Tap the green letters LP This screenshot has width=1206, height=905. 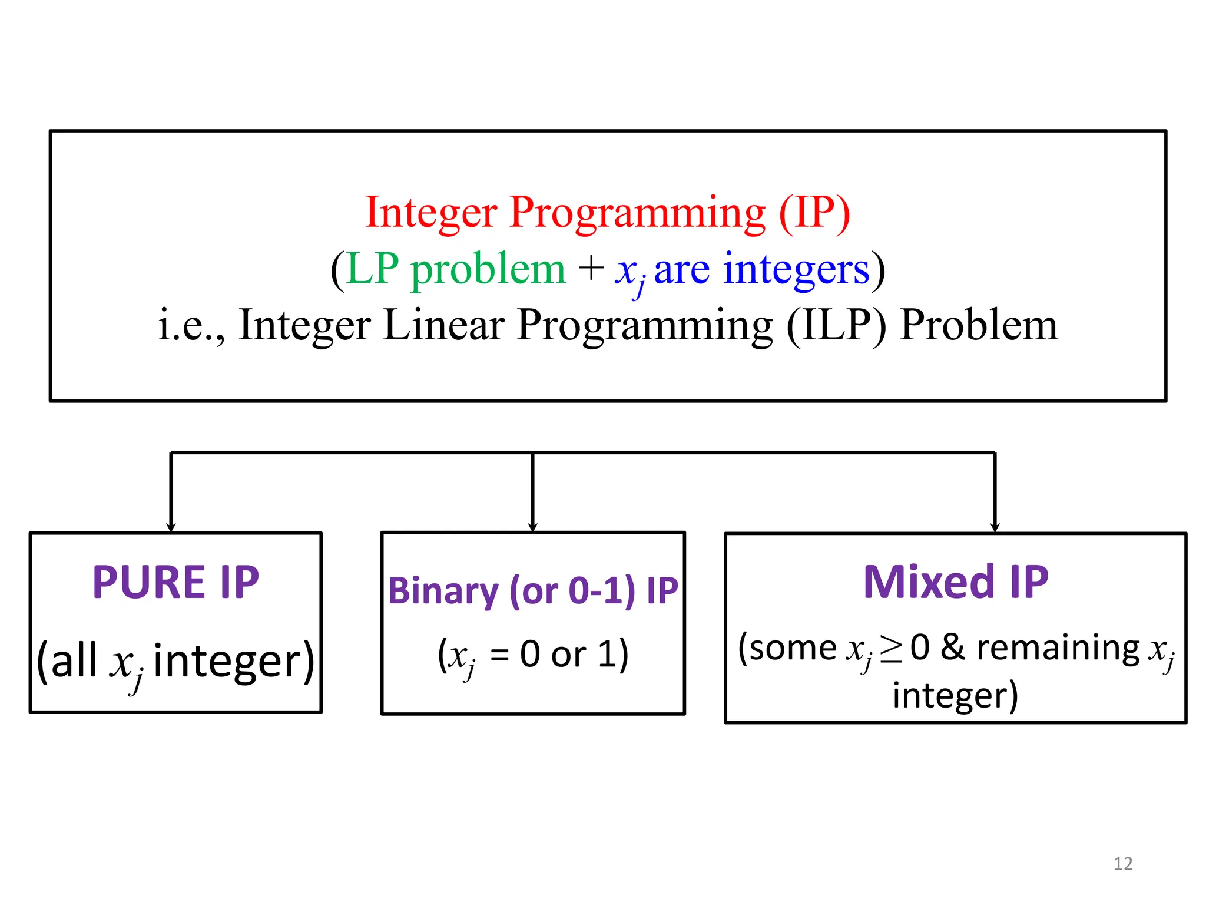[372, 269]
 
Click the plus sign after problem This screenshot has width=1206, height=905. [591, 269]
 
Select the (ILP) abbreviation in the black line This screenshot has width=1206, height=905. [836, 325]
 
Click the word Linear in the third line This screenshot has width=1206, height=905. [443, 325]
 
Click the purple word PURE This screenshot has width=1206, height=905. [148, 583]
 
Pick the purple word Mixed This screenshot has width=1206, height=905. [928, 582]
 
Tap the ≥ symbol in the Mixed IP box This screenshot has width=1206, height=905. [891, 649]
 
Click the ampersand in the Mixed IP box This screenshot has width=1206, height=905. [953, 648]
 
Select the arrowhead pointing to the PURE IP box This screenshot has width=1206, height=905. [171, 527]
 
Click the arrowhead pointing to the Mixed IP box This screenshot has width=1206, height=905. [995, 527]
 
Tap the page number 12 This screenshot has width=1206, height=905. [1123, 864]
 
